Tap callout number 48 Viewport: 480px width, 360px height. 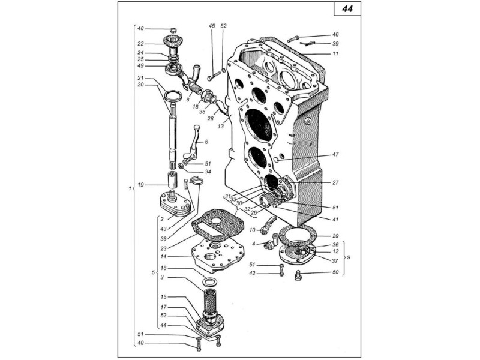140,28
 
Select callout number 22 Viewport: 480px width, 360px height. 140,44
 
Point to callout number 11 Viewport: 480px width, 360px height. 335,54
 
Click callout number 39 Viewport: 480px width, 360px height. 335,44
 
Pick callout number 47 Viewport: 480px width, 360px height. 335,154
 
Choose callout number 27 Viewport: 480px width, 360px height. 335,182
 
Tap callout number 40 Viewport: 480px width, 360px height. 140,343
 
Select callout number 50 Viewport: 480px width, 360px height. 335,273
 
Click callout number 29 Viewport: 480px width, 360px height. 335,236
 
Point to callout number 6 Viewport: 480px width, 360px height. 206,142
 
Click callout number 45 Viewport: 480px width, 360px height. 211,26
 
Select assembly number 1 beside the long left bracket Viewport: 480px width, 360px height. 130,189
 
